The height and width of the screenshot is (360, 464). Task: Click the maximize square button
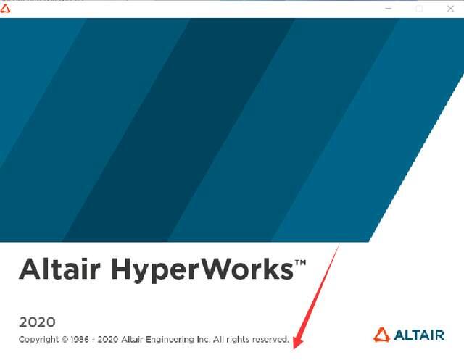coord(419,8)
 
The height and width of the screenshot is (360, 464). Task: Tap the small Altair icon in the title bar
coord(6,8)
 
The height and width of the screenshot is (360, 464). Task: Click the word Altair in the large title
coord(61,269)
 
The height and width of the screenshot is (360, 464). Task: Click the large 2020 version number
coord(37,322)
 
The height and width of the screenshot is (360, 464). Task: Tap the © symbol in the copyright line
coord(64,339)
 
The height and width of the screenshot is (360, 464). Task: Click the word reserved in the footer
coord(269,339)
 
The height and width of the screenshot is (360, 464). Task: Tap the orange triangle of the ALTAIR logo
coord(381,335)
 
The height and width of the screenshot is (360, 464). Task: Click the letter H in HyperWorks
coord(123,269)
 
